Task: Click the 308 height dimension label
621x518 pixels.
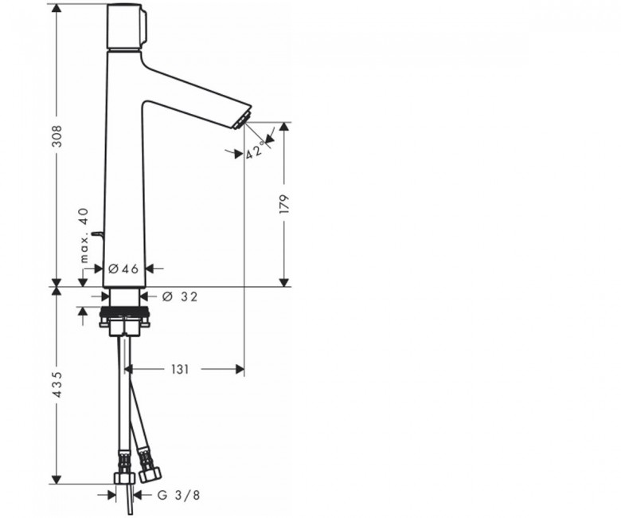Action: pos(58,136)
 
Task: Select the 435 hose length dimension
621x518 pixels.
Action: pos(58,384)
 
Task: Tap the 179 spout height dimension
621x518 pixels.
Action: pos(284,205)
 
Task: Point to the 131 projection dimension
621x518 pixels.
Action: pos(180,370)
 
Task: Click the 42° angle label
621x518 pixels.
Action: pos(256,150)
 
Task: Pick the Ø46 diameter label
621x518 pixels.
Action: pos(123,269)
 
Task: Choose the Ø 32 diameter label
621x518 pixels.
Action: pos(180,296)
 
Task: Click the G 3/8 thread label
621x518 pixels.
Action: pos(178,495)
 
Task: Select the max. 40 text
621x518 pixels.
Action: pos(84,235)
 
